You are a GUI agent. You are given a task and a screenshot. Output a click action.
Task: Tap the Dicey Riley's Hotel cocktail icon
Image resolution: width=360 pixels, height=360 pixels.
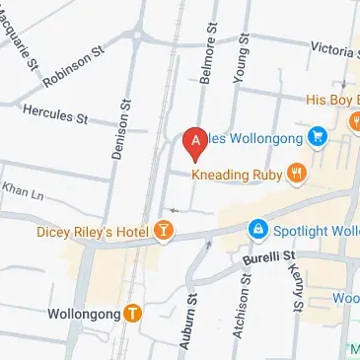coord(163,232)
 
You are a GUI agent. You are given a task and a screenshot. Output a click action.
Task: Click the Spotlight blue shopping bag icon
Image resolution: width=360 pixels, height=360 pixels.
coord(257,229)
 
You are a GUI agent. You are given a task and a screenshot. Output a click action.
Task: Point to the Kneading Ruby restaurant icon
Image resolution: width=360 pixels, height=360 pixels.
coord(297,174)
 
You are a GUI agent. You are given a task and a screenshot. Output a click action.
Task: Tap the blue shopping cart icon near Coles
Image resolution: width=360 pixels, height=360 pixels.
coord(317,136)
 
